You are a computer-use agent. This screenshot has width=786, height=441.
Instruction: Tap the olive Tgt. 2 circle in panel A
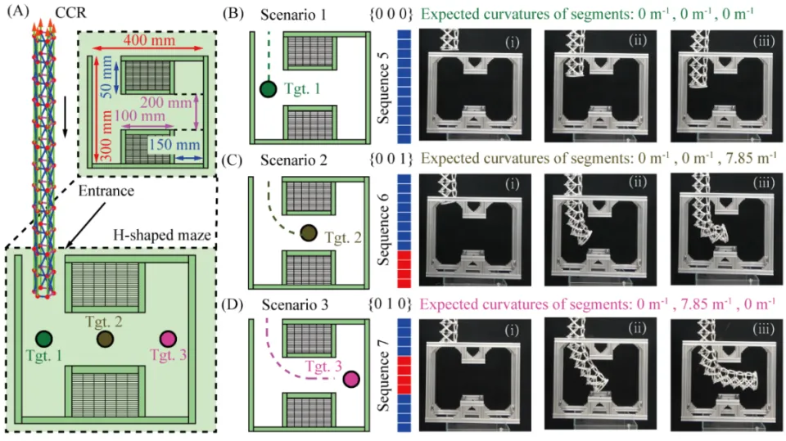(x=105, y=339)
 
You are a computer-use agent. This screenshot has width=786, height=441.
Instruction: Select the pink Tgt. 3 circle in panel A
(x=168, y=339)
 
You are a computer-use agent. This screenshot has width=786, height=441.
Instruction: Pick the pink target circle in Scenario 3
(x=352, y=378)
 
